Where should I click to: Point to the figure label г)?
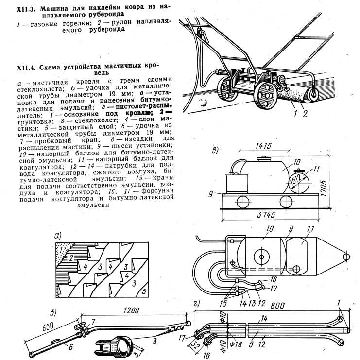(x=196, y=305)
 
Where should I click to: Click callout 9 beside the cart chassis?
(x=211, y=193)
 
